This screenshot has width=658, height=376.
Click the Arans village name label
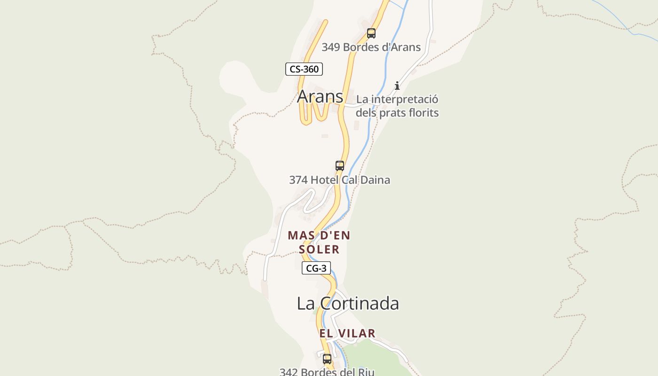pos(320,96)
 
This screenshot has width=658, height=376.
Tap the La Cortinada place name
pos(348,303)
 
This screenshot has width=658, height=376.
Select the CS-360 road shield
pos(304,69)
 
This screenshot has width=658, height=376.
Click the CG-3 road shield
pos(316,268)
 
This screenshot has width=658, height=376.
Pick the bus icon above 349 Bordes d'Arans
pos(371,33)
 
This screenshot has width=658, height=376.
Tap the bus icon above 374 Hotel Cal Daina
pos(340,165)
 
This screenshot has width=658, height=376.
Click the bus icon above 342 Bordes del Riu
pos(327,359)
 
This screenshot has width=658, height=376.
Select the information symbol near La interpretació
pos(397,86)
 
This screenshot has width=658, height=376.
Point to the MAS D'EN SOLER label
pos(319,242)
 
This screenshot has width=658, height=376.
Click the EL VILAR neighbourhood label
pos(347,333)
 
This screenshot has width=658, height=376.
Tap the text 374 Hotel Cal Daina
pos(339,180)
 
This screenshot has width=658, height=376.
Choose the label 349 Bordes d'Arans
pos(371,47)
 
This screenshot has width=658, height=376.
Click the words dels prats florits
pos(397,113)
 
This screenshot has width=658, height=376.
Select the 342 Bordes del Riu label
pos(327,372)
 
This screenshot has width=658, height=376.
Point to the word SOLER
pos(319,249)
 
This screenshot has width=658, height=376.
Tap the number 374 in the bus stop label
pos(298,180)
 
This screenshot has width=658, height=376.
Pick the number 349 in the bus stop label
pos(331,47)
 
